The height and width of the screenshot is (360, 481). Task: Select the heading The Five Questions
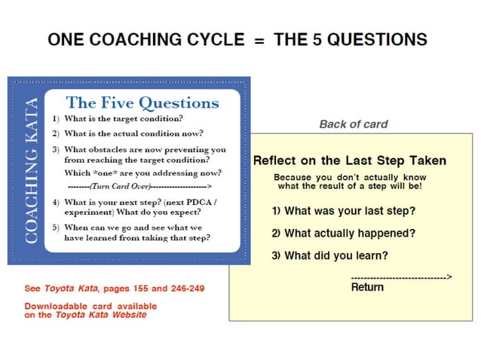click(x=142, y=103)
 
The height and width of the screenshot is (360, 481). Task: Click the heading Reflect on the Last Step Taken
click(x=350, y=160)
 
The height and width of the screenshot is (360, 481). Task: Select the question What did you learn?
click(x=330, y=255)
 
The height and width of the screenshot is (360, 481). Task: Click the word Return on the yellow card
click(x=367, y=287)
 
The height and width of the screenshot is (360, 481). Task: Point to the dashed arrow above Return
click(x=401, y=277)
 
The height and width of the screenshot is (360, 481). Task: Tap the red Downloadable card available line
click(x=91, y=306)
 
